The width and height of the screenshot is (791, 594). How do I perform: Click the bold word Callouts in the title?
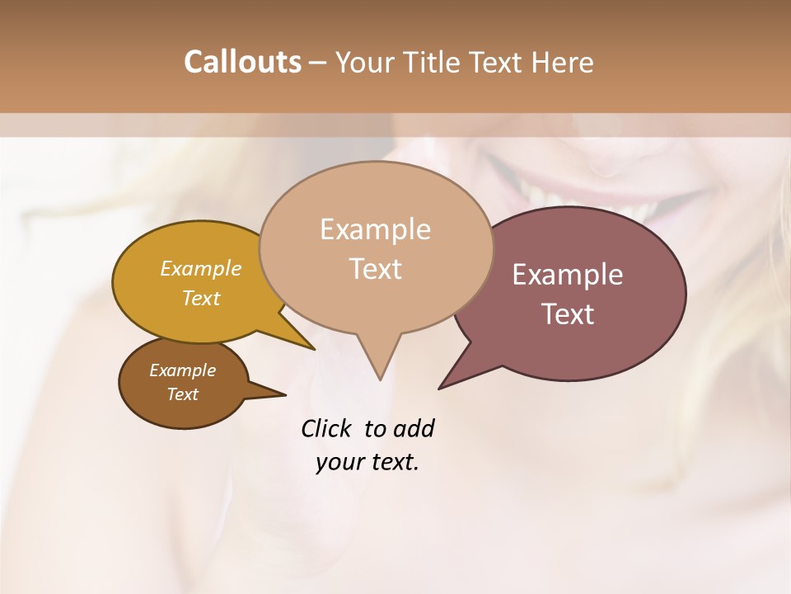pos(242,62)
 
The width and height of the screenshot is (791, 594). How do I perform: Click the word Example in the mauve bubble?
pos(567,275)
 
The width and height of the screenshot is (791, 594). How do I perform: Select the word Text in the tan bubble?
pos(375,268)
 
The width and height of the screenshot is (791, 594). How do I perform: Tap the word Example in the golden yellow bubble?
pos(200,269)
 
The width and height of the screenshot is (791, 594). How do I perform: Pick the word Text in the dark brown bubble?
pos(182,394)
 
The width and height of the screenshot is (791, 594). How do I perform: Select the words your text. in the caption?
pos(367,462)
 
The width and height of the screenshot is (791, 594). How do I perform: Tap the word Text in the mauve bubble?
pos(568,313)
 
